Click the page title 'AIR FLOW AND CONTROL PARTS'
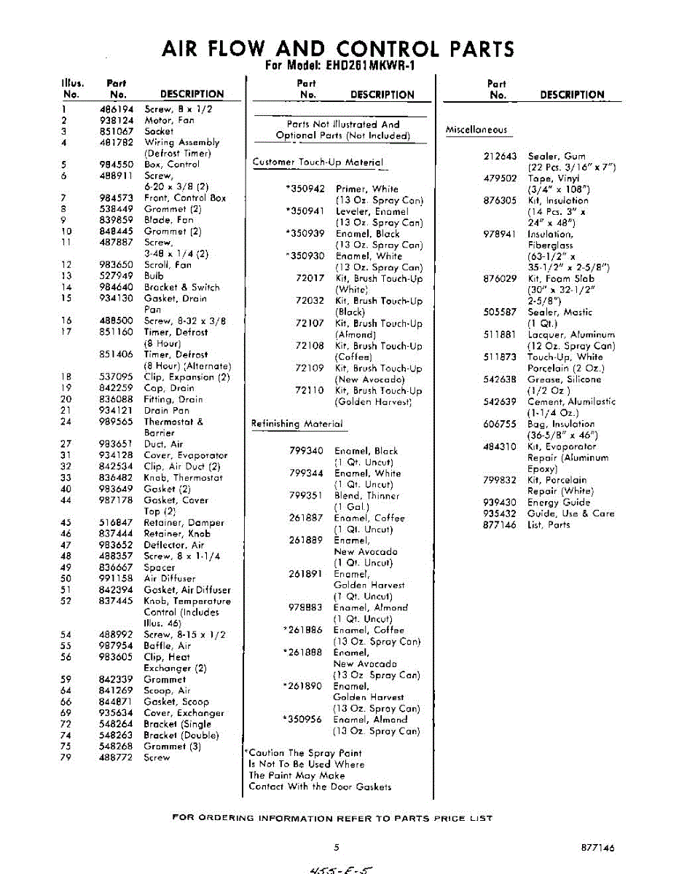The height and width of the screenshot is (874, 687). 337,50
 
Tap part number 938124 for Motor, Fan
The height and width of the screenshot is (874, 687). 117,120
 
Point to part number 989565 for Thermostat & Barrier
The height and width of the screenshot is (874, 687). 117,422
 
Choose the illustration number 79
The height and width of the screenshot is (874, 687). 66,757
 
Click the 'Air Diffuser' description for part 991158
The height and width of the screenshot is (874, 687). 170,578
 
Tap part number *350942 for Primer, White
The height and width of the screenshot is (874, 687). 305,189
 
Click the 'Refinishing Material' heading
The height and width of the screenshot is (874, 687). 297,424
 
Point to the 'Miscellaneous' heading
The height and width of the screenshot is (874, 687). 476,130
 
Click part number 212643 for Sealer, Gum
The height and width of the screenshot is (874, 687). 500,156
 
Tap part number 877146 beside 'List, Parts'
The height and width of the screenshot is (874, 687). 500,524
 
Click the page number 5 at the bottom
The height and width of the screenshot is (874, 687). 337,847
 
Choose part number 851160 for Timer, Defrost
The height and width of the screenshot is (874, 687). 117,332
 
